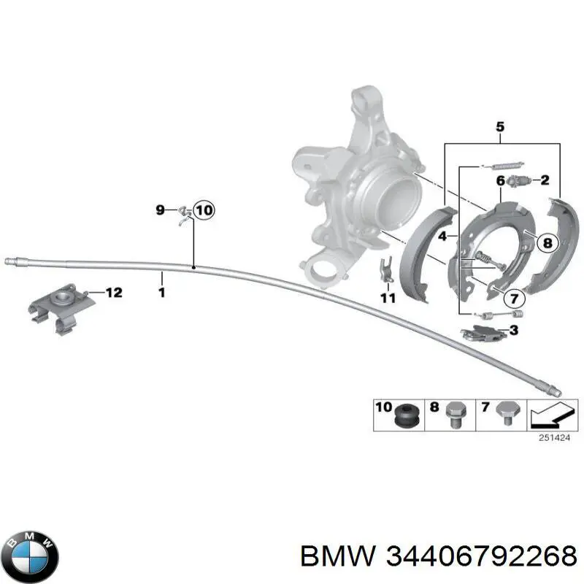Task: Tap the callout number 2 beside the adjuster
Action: (x=545, y=180)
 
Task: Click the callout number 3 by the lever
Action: (x=514, y=331)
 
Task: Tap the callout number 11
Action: (x=387, y=297)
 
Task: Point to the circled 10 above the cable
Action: (x=203, y=211)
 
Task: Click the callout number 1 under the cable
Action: (x=161, y=293)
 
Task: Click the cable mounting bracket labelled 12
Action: (x=61, y=307)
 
